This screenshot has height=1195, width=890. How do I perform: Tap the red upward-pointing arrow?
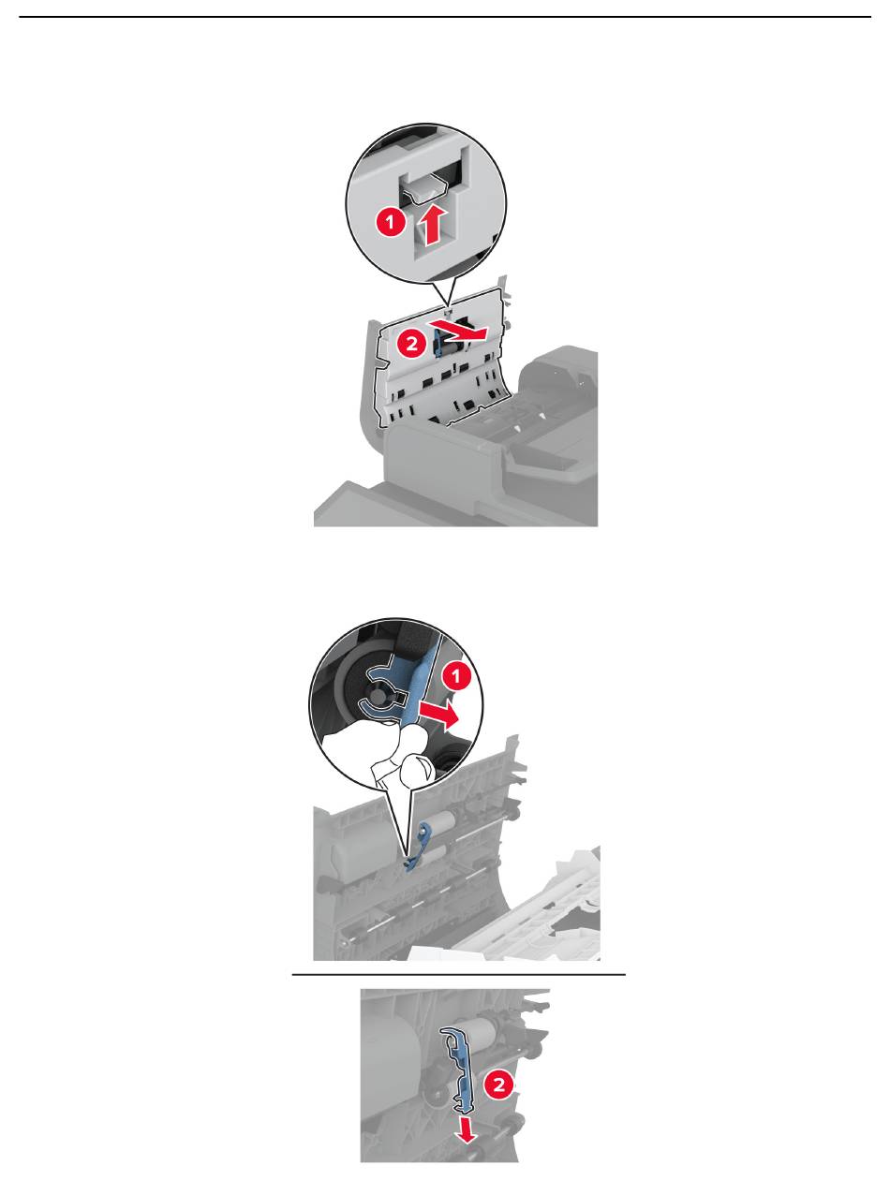coord(434,225)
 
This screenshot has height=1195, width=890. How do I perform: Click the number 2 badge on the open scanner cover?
coord(411,343)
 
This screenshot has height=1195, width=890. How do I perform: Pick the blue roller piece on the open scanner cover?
coord(438,343)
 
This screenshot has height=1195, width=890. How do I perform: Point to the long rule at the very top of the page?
coord(445,17)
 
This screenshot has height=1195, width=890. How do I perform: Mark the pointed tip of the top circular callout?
coord(448,307)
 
